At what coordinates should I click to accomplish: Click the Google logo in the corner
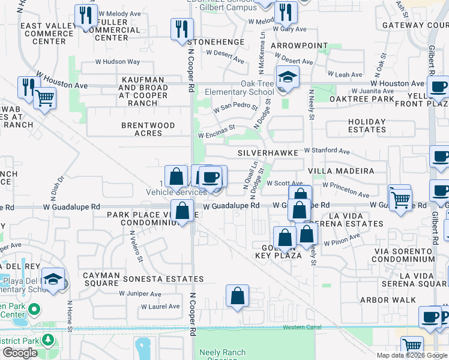tap(19, 353)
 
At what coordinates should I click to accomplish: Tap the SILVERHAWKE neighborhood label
tap(268, 153)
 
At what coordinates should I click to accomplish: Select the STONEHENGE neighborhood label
tap(216, 42)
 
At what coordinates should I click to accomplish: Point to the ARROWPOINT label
tap(300, 46)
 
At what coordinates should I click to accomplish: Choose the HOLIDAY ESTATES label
tap(367, 125)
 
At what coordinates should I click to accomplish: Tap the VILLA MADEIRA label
tap(341, 171)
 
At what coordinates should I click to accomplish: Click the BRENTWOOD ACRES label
tap(148, 130)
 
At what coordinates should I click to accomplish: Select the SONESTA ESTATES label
tap(163, 279)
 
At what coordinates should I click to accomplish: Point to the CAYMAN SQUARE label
tap(101, 279)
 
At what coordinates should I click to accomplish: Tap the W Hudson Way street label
tap(118, 62)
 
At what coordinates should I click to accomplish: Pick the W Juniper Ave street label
tap(140, 294)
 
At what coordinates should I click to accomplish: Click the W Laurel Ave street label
tap(160, 307)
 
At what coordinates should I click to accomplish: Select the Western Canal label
tap(303, 327)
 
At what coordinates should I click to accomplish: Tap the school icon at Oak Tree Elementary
tap(288, 78)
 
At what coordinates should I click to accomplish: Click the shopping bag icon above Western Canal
tap(238, 296)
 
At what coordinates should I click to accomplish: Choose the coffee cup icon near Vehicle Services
tap(211, 177)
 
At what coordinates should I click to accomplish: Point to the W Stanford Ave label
tap(327, 151)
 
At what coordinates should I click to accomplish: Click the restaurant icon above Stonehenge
tap(182, 29)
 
